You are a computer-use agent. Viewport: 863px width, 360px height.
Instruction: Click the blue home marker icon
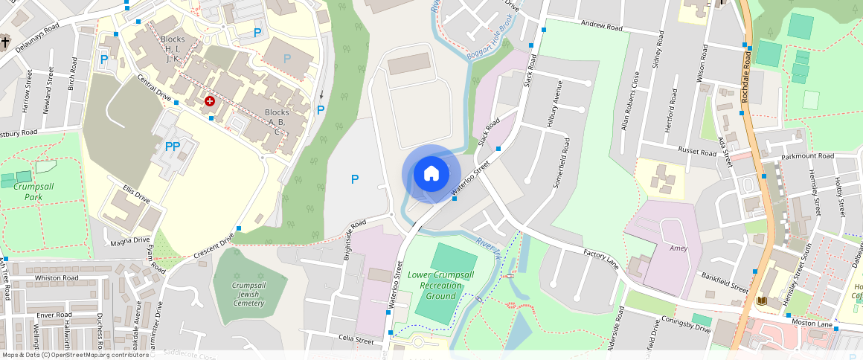431,174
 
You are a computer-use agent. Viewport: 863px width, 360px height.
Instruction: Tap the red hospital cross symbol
210,100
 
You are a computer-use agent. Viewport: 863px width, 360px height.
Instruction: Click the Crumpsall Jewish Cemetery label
248,294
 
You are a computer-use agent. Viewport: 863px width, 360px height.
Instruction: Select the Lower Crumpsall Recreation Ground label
440,285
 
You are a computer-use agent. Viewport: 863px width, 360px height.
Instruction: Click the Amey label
678,248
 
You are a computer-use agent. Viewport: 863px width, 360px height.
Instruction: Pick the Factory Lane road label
601,260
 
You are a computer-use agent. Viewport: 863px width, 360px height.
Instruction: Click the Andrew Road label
601,27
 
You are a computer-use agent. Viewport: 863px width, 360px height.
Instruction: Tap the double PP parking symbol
173,147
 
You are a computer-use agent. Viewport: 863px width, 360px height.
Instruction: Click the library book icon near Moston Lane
762,300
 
